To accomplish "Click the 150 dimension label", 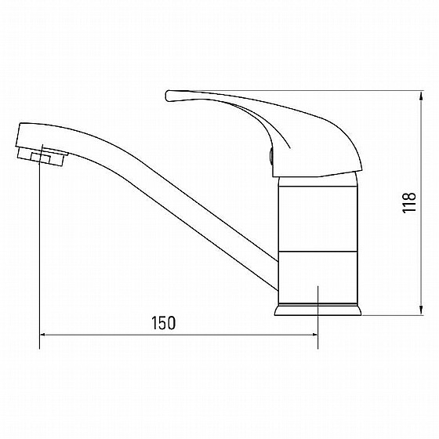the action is click(x=164, y=323).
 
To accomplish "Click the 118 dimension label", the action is click(x=409, y=203).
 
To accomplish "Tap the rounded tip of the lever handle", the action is click(x=168, y=96).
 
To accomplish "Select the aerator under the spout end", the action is click(x=42, y=157).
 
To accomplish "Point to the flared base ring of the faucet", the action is click(x=317, y=310).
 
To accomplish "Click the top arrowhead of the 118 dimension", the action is click(x=421, y=96).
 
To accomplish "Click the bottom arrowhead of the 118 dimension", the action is click(x=421, y=310).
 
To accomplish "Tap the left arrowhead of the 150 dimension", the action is click(x=45, y=334).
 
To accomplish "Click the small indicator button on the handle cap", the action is click(x=271, y=156).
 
